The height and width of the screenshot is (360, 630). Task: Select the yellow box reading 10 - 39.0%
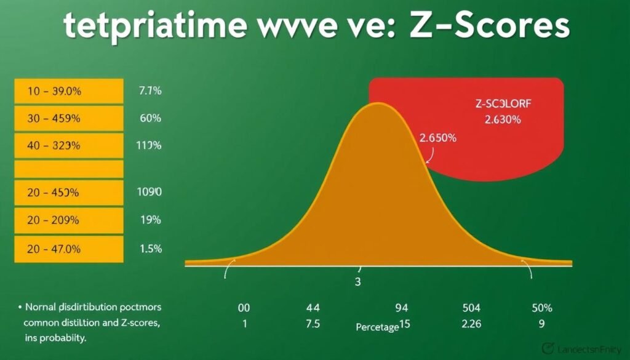(68, 91)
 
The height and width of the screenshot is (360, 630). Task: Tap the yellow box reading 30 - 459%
(68, 118)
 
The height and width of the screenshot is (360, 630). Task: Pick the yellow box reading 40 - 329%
(68, 145)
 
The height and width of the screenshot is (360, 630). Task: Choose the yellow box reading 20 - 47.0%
(68, 249)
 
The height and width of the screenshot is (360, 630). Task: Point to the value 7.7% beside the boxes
(150, 91)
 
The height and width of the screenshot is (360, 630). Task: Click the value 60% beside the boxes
(151, 118)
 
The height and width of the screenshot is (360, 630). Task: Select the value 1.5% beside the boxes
(151, 249)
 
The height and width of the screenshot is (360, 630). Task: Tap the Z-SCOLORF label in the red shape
(503, 105)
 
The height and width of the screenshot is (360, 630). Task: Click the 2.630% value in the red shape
(503, 120)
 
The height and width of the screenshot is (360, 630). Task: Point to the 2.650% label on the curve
(438, 138)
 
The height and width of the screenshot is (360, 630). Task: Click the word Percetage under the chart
(377, 327)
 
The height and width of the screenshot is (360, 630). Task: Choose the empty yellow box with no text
(68, 169)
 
